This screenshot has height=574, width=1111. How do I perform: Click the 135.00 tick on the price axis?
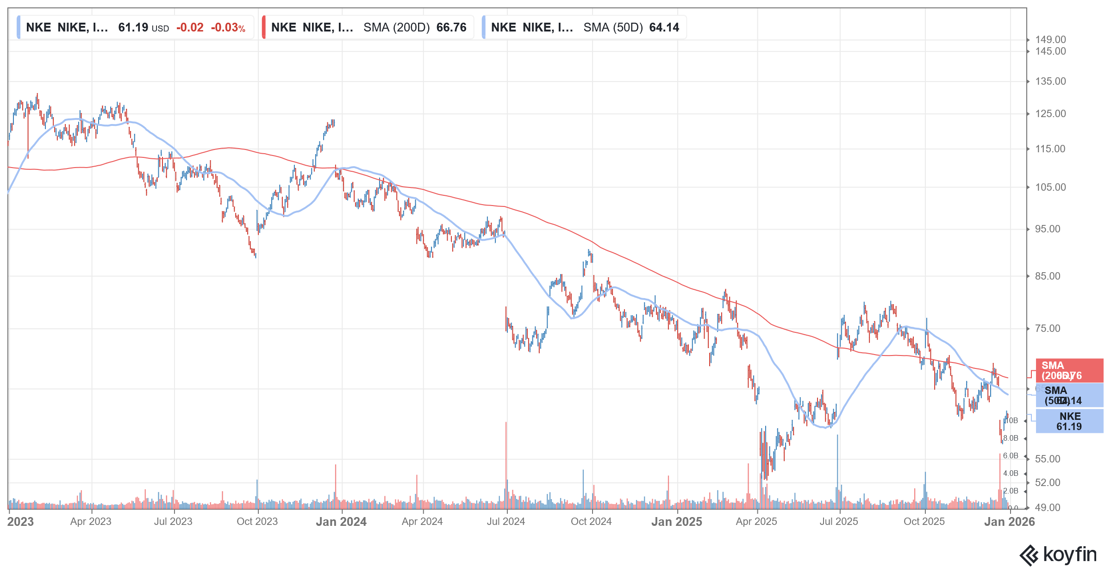tap(1050, 81)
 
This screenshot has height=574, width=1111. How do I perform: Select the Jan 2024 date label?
tap(341, 522)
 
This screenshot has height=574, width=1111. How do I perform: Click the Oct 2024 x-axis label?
tap(591, 522)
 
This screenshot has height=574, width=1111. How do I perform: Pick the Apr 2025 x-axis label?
tap(756, 522)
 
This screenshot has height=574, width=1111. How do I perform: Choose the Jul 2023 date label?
tap(173, 522)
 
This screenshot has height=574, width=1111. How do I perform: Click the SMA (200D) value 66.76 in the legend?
tap(451, 27)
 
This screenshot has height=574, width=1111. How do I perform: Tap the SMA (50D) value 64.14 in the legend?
tap(664, 27)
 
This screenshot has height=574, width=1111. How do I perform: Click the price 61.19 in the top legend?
tap(133, 27)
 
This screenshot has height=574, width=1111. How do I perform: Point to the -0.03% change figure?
tap(228, 27)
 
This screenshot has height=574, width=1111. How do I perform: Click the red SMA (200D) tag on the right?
tap(1069, 370)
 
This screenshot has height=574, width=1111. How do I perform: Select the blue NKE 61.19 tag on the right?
tap(1069, 421)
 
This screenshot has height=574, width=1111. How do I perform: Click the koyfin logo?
tap(1058, 555)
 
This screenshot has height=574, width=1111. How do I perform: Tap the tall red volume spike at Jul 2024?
tap(506, 463)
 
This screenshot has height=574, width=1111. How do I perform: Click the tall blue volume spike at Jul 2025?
tap(837, 468)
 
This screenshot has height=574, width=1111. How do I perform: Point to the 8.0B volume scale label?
tap(1011, 438)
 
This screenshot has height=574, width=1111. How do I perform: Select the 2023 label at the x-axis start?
tap(20, 522)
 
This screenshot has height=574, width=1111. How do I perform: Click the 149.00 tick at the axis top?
tap(1050, 40)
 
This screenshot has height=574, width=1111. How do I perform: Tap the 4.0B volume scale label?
tap(1011, 474)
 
